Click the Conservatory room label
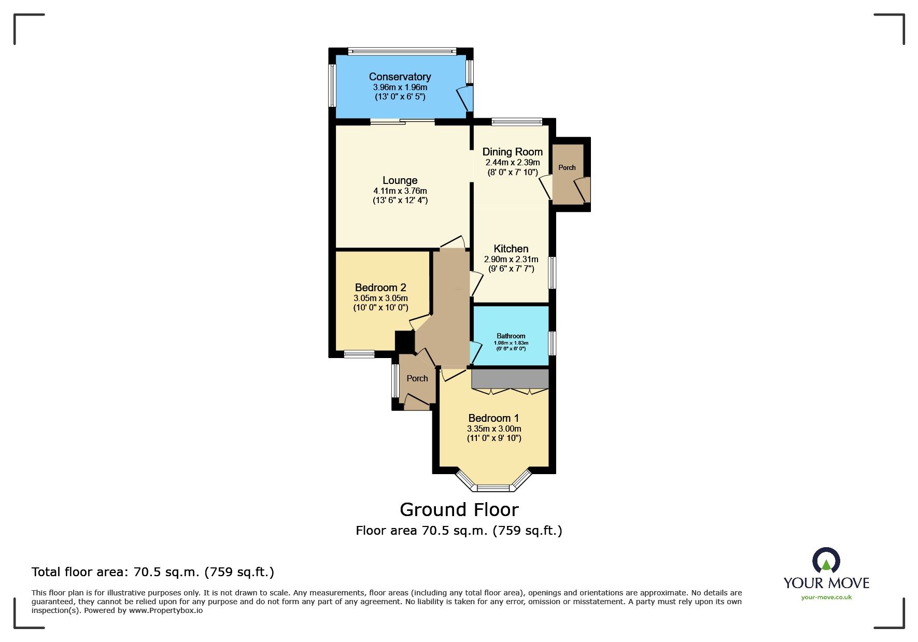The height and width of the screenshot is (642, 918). point(400,77)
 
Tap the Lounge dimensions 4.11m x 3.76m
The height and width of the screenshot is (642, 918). point(400,191)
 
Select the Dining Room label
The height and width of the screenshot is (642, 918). point(512,152)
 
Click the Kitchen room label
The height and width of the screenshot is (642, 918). point(511,249)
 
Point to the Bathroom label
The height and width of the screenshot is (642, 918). point(511,336)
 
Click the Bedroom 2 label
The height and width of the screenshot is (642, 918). point(380,288)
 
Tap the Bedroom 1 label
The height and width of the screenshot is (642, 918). point(493,418)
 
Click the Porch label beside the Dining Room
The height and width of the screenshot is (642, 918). point(567,167)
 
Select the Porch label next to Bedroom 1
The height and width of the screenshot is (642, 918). point(417,378)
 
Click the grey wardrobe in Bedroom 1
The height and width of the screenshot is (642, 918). point(510,378)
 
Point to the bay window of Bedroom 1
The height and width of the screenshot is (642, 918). point(493,488)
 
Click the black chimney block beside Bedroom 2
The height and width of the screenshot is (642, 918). point(404,341)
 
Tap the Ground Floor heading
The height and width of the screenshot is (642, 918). point(459,510)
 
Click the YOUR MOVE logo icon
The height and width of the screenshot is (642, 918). point(826,562)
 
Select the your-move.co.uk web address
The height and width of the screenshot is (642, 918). point(826,597)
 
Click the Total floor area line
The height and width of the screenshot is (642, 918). point(153,572)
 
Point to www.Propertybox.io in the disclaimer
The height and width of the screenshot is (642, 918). point(166,610)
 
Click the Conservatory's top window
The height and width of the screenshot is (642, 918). point(402,51)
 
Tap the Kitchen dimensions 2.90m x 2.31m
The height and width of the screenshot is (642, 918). point(511,259)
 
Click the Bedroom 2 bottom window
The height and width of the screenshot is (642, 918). point(359,354)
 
